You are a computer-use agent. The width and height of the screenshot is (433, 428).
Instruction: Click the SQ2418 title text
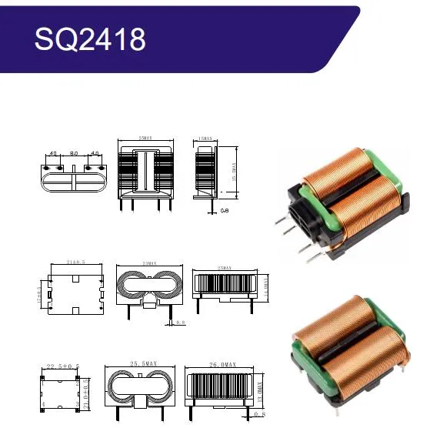point(89,38)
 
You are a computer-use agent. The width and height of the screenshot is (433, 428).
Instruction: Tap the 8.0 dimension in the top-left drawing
point(73,154)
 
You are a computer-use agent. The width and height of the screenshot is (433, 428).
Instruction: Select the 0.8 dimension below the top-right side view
point(225,209)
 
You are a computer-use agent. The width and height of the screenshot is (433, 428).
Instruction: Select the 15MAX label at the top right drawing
point(205,139)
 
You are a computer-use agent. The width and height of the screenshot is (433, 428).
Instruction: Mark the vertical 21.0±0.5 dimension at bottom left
point(86,390)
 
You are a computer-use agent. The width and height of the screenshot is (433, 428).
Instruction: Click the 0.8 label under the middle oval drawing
point(179,322)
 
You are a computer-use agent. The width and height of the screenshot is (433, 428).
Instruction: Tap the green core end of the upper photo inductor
point(388,166)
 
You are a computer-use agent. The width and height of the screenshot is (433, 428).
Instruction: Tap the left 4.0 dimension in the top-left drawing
point(54,154)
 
